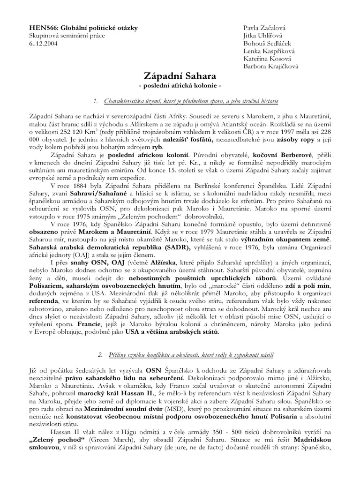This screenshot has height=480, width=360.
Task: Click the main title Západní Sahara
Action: click(180, 76)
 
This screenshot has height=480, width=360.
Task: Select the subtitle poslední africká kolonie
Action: click(180, 86)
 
